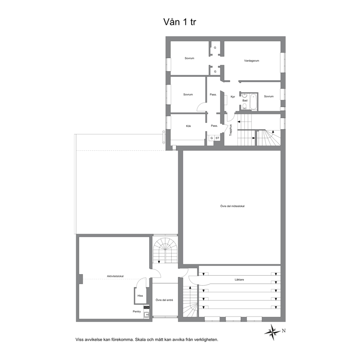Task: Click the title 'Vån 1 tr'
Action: tap(180, 22)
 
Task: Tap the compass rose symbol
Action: tap(273, 332)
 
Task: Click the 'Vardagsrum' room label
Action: tap(251, 61)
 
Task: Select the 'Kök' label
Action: tap(188, 126)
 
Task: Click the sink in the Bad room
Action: tap(245, 96)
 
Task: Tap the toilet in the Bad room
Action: tap(244, 106)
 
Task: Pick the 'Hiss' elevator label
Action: tap(140, 296)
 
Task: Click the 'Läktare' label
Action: tap(239, 280)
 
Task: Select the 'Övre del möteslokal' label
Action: tap(232, 206)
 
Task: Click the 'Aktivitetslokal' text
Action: tap(115, 276)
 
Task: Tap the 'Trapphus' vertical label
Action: tap(231, 130)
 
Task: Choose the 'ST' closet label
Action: tap(217, 138)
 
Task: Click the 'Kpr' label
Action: tap(233, 97)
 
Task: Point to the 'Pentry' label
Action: tap(136, 312)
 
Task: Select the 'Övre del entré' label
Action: tap(164, 300)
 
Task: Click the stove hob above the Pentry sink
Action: tap(146, 307)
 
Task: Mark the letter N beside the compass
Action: tap(284, 331)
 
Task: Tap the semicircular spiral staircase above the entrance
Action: tap(165, 251)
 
